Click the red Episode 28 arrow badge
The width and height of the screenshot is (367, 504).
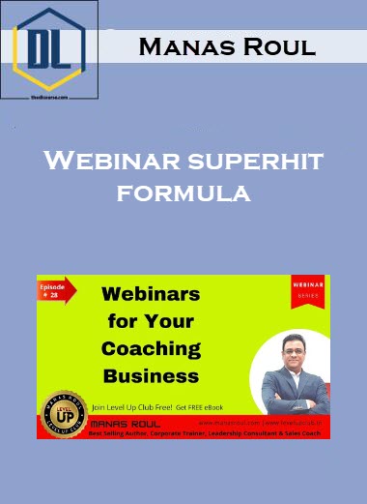click(58, 293)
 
